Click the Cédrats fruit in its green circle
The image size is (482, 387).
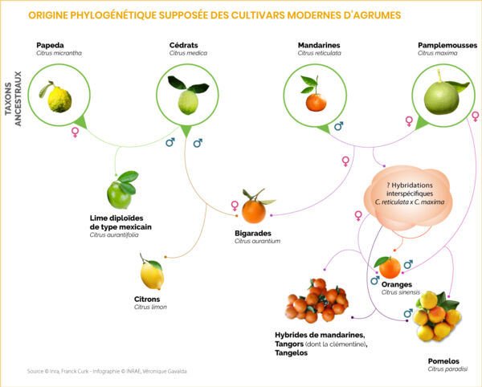tap(187, 97)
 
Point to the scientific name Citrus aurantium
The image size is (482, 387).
tap(258, 241)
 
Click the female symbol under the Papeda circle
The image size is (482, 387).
tap(76, 132)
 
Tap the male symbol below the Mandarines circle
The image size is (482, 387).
tap(338, 126)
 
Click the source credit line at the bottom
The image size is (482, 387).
tap(108, 370)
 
